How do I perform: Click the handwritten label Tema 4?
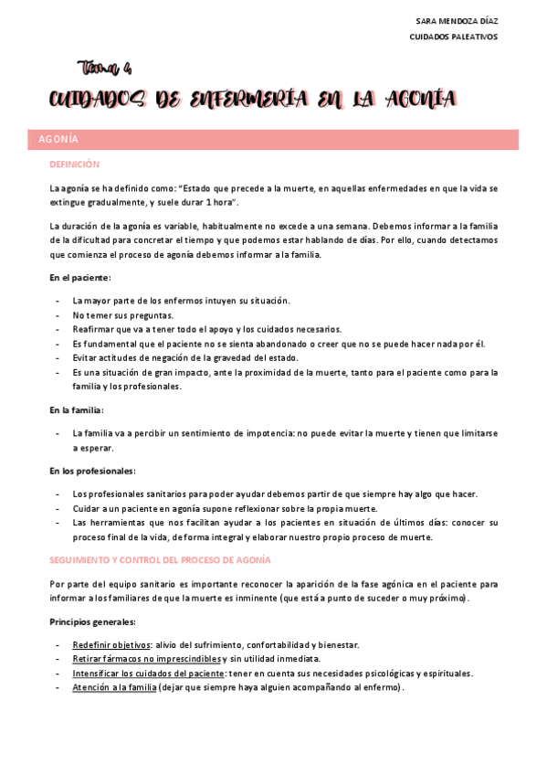(x=106, y=68)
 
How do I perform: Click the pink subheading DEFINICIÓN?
(x=74, y=165)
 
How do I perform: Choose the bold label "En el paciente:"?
(x=80, y=277)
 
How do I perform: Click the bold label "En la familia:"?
(x=77, y=410)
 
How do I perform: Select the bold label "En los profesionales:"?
(x=92, y=471)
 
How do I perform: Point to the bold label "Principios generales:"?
(x=92, y=621)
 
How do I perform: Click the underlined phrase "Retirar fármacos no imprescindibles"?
(x=148, y=659)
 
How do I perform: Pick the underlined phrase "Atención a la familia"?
(x=114, y=688)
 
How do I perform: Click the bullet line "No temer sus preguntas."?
(x=123, y=315)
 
